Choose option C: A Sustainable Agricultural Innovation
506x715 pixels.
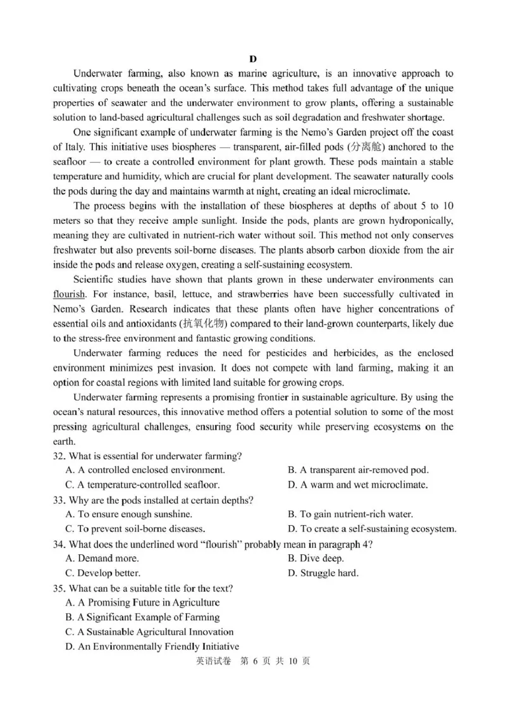(x=149, y=632)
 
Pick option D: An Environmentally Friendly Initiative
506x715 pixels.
(x=152, y=647)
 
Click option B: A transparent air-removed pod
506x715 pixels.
(x=357, y=470)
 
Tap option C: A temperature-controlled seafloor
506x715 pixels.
(x=142, y=485)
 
